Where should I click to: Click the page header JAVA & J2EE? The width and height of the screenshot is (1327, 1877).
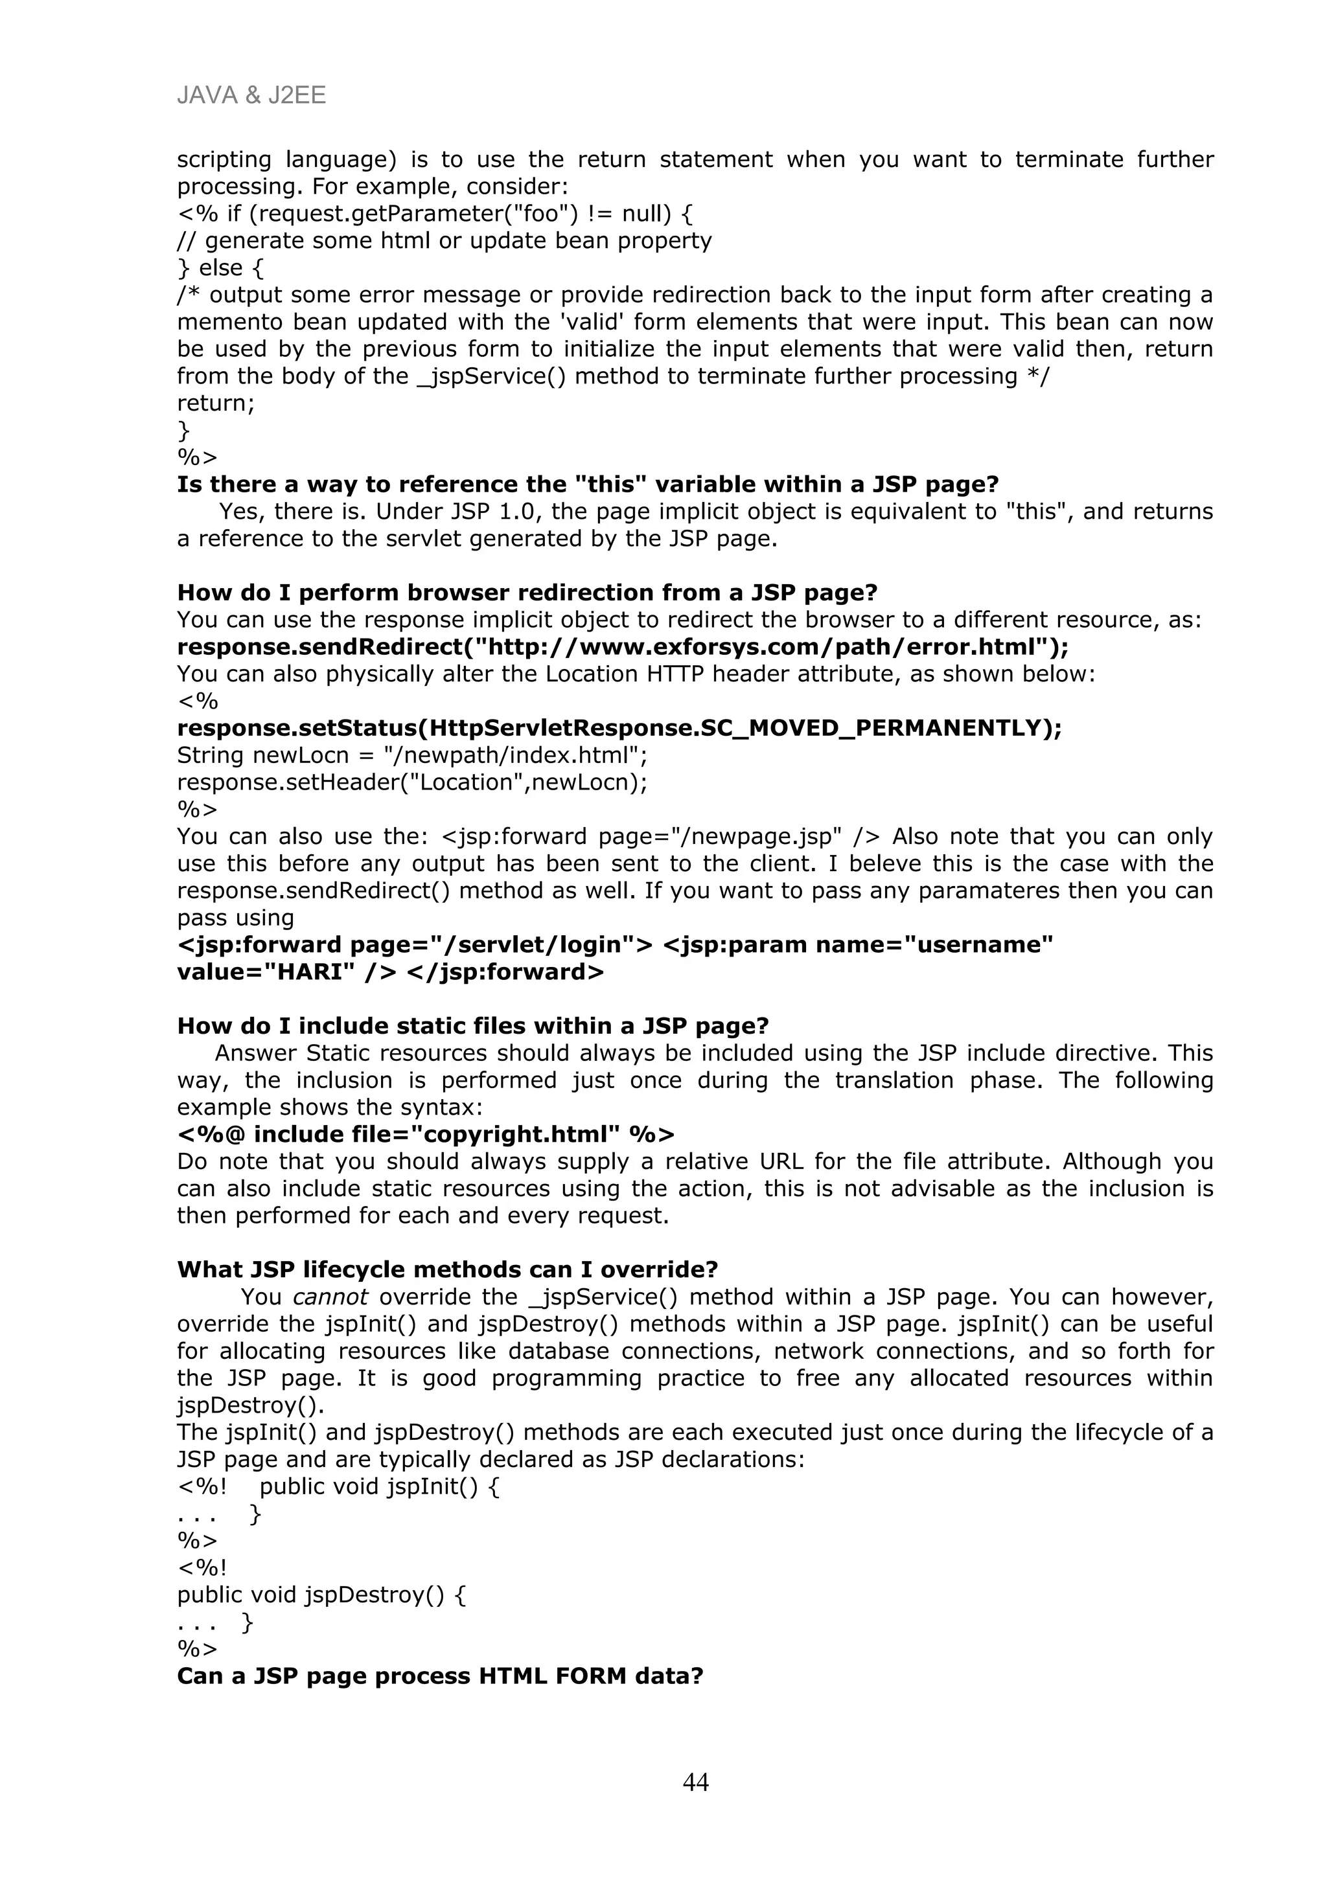tap(251, 96)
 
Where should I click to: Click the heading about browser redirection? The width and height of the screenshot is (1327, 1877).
tap(527, 592)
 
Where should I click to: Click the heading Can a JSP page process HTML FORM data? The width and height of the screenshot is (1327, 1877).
tap(440, 1676)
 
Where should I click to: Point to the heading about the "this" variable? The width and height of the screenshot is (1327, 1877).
tap(587, 484)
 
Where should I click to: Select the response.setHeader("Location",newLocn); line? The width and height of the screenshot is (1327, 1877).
tap(412, 782)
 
